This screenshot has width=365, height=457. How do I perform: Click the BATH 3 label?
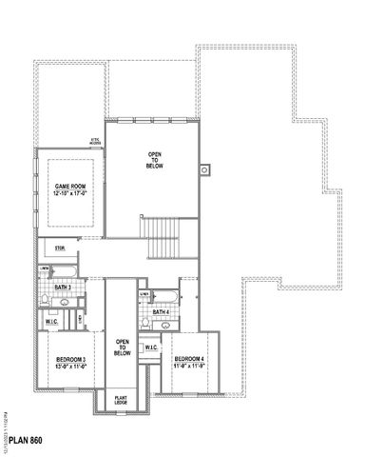(x=64, y=287)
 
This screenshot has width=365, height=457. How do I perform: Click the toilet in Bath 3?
(x=45, y=301)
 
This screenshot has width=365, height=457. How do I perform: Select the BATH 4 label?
(x=161, y=311)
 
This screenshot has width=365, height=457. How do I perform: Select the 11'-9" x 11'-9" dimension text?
(x=188, y=366)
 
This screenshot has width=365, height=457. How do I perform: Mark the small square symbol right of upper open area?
(x=203, y=171)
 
